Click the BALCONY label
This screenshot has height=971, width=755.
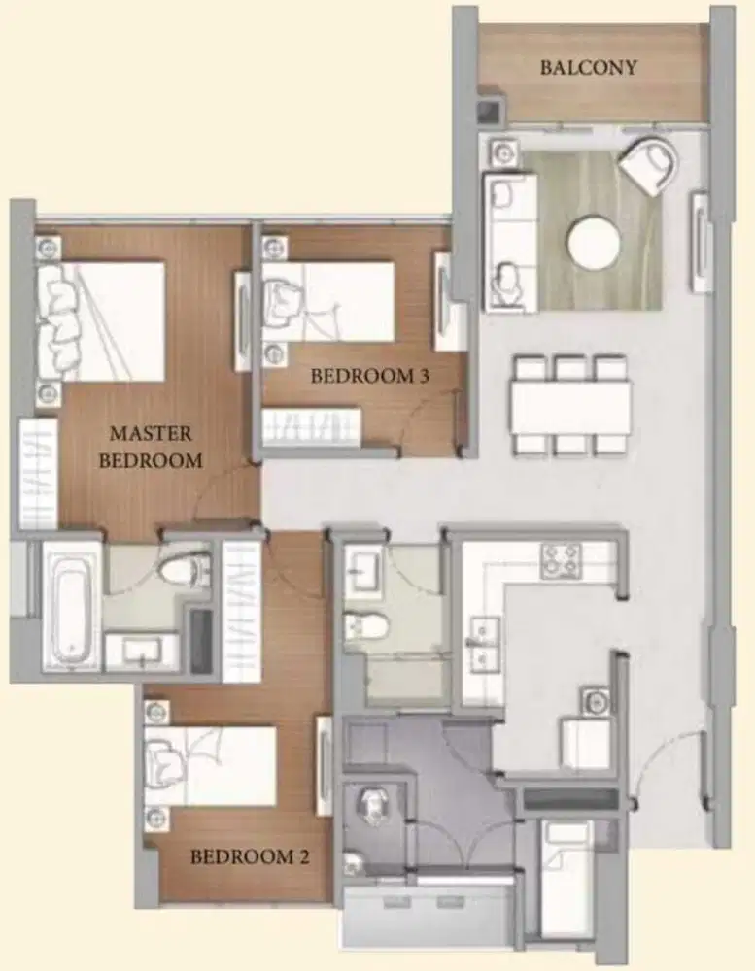coord(588,67)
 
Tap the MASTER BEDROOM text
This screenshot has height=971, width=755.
coord(151,447)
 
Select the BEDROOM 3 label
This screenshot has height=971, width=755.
coord(370,375)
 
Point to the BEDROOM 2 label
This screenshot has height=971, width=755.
coord(250,856)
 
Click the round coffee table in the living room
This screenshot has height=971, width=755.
coord(594,242)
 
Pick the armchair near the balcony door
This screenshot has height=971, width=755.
coord(648,162)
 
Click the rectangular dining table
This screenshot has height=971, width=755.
coord(571,408)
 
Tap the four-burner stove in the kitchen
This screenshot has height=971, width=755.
coord(561,560)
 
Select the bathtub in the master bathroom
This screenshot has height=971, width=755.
coord(71,608)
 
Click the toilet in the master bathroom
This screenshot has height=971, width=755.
coord(185,567)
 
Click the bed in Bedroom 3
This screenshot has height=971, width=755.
coord(328,301)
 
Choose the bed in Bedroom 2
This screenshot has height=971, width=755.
coord(210,766)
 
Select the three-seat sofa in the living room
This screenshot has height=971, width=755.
coord(511,242)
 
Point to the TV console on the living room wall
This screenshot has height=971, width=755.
coord(701,242)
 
